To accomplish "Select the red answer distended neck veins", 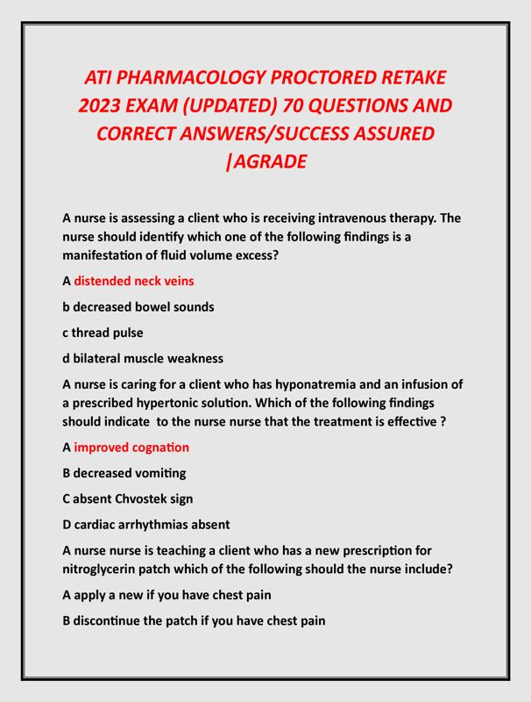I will (x=134, y=281).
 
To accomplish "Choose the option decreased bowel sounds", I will (x=138, y=306).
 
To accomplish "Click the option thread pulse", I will (x=103, y=333).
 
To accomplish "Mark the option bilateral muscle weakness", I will (x=143, y=358).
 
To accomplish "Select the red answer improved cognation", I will (x=131, y=448).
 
